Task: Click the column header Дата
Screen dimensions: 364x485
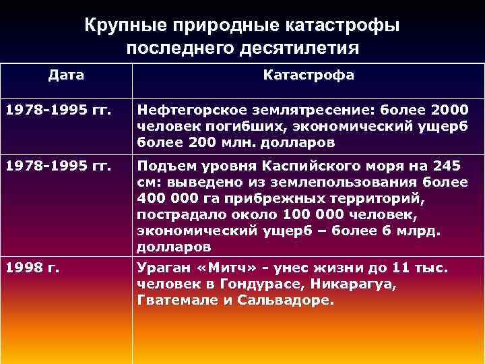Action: (x=66, y=75)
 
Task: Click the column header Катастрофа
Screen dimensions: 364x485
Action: (x=308, y=75)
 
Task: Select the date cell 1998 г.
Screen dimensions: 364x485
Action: (x=32, y=268)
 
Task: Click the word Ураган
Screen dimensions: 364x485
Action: (x=160, y=268)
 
